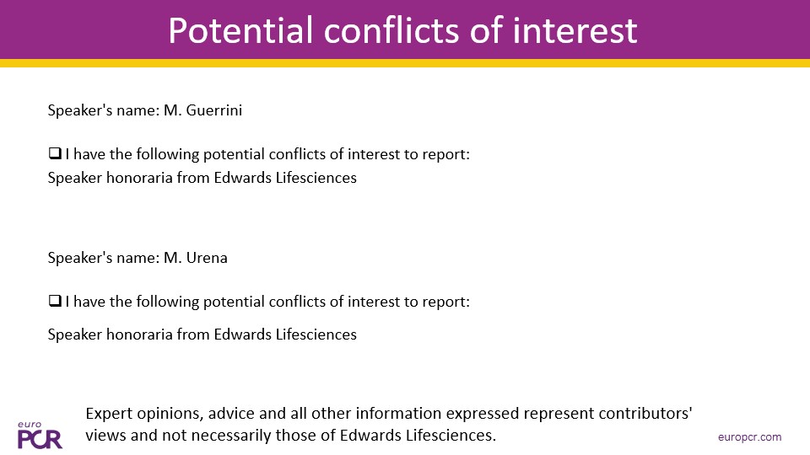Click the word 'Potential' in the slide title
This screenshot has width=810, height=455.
click(x=240, y=30)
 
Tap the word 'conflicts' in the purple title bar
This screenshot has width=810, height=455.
click(x=391, y=30)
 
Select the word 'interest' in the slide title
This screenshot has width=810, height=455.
click(x=575, y=30)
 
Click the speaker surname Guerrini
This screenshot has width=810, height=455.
click(x=213, y=110)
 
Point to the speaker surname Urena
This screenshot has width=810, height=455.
click(x=207, y=258)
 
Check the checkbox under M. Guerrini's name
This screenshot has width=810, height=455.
click(x=55, y=153)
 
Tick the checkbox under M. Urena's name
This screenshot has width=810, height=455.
click(x=55, y=301)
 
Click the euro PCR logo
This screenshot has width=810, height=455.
click(x=40, y=435)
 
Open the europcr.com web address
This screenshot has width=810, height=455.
click(x=749, y=437)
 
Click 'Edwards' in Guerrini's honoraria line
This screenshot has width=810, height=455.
click(x=243, y=178)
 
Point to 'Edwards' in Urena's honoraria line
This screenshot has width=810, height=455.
click(x=243, y=335)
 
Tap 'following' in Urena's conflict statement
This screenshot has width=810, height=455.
click(x=167, y=302)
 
